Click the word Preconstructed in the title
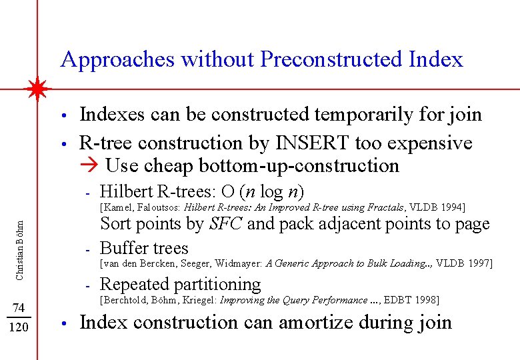coord(330,59)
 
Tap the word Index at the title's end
coord(436,59)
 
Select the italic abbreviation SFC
coord(225,224)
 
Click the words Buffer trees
coord(144,248)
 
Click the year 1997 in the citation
coord(479,263)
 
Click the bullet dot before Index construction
coord(62,324)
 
